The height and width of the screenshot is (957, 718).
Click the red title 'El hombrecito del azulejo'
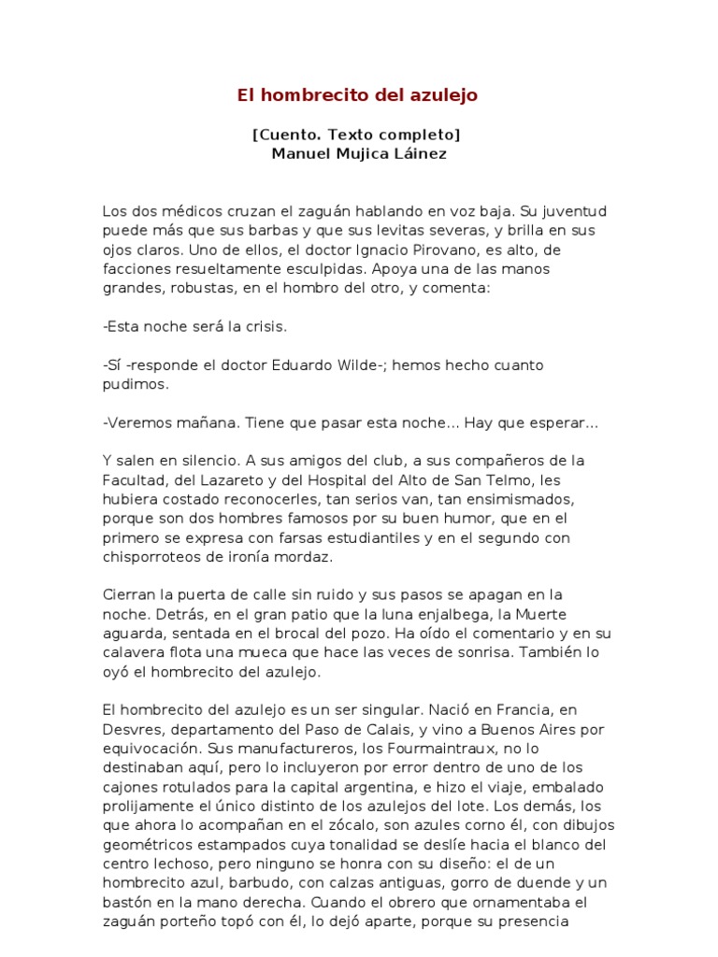coord(358,95)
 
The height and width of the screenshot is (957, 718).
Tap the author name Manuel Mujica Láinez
coord(359,154)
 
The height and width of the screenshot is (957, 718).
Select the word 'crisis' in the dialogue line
coord(267,327)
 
